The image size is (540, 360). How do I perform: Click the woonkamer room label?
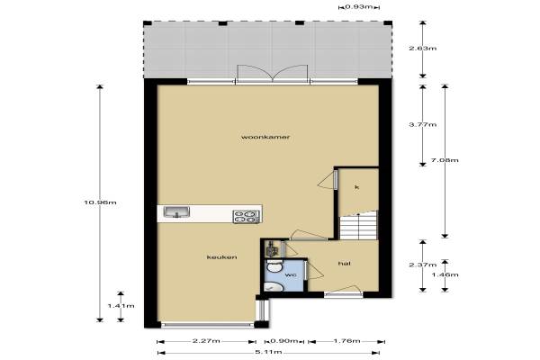coord(265,137)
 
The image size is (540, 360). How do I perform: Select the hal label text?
coord(345,264)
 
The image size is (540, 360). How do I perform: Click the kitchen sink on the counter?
coord(176,212)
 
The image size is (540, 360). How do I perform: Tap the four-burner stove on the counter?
coord(247,216)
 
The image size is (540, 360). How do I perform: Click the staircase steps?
coord(359,227)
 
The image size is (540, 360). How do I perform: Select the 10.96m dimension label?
coord(100,202)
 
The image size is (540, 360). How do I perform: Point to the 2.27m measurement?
coord(206,341)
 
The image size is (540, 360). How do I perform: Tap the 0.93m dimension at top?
coord(359,6)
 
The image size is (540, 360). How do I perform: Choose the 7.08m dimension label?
coord(445,160)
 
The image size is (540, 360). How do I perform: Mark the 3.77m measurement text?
coord(423,125)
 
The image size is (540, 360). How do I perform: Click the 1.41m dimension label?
coord(121,306)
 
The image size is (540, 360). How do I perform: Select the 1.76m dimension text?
coord(346,341)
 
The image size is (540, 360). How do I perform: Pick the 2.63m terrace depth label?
coord(423,49)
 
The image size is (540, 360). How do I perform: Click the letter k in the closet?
coord(357,187)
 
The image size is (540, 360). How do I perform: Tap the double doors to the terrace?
coord(273,74)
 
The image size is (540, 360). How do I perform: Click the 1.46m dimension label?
coord(445,274)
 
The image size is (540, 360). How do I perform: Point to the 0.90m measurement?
coord(284,341)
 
